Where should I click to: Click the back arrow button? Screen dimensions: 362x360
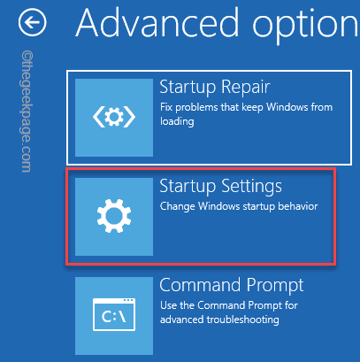[34, 21]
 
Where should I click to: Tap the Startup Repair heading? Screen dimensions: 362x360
[214, 87]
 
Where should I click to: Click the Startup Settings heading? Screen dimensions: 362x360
[220, 186]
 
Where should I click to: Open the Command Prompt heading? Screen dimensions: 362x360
[231, 285]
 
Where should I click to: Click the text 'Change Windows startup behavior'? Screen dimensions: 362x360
[238, 207]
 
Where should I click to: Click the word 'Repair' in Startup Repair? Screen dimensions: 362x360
[246, 87]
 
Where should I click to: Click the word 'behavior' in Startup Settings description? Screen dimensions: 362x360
[293, 207]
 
